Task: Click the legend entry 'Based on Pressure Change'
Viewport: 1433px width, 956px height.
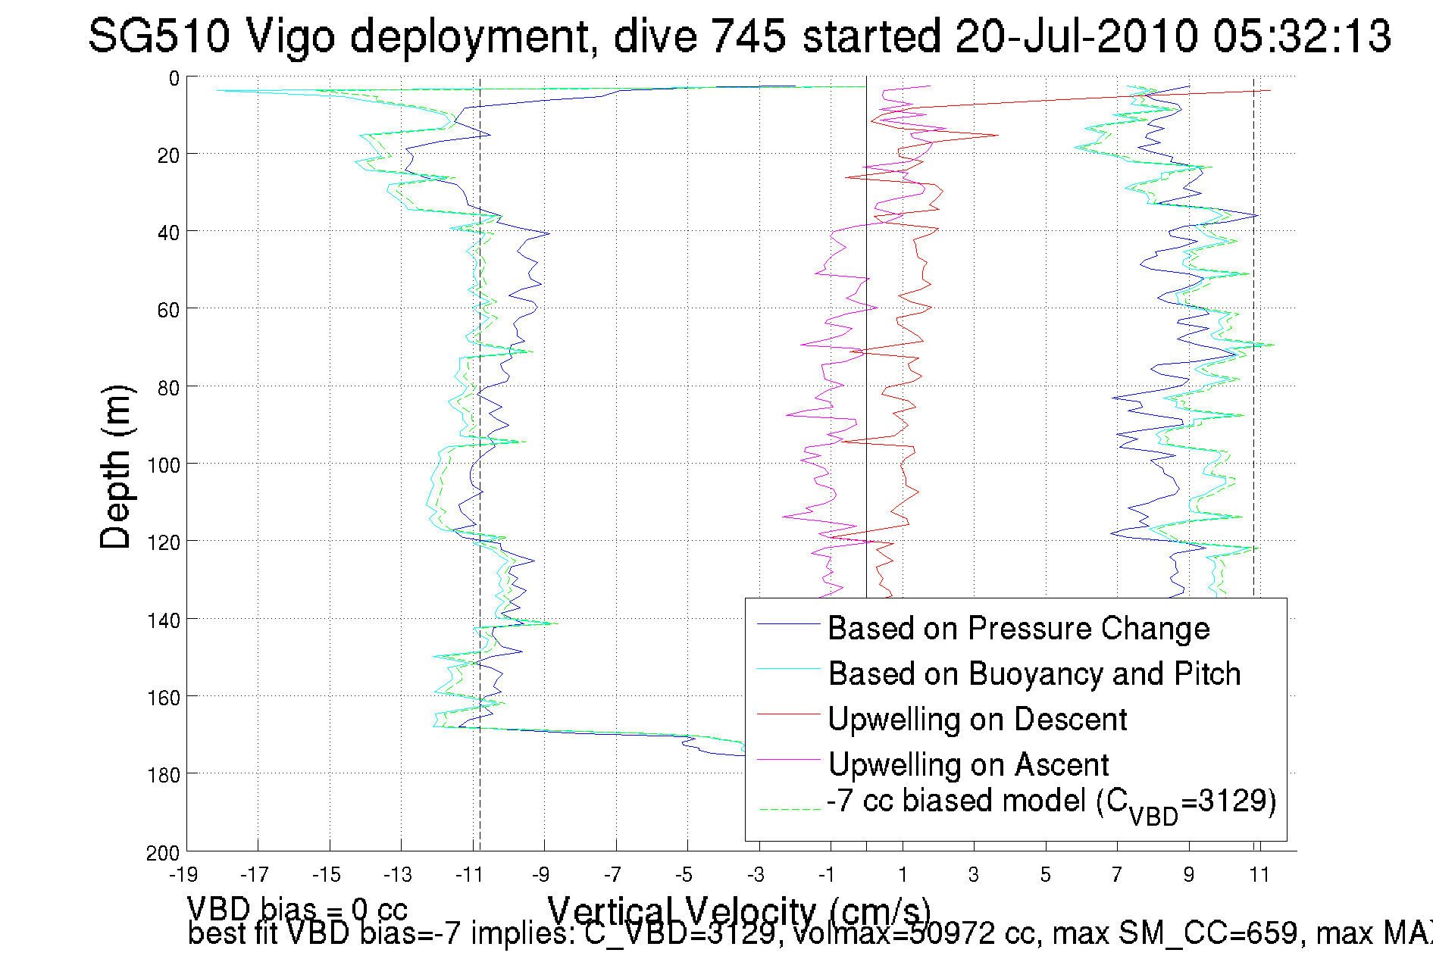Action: click(x=1018, y=629)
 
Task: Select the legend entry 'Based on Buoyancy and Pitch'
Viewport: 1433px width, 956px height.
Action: click(x=1034, y=674)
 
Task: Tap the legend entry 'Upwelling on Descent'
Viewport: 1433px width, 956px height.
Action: click(x=977, y=720)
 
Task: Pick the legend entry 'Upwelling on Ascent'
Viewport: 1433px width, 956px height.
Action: click(x=968, y=765)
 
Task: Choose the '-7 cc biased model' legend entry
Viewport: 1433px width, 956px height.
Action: click(x=1050, y=802)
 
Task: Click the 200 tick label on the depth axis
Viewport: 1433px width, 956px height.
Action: click(x=164, y=854)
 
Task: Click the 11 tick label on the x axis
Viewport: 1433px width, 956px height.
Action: click(x=1259, y=875)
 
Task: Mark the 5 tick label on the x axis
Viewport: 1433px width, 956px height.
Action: click(x=1045, y=875)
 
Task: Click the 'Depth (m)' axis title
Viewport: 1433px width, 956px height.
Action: click(x=116, y=467)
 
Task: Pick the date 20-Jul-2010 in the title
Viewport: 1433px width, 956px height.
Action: click(x=1075, y=36)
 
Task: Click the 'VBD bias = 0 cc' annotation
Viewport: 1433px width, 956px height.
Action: click(x=297, y=909)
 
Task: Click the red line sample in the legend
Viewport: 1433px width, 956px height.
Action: click(x=788, y=714)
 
